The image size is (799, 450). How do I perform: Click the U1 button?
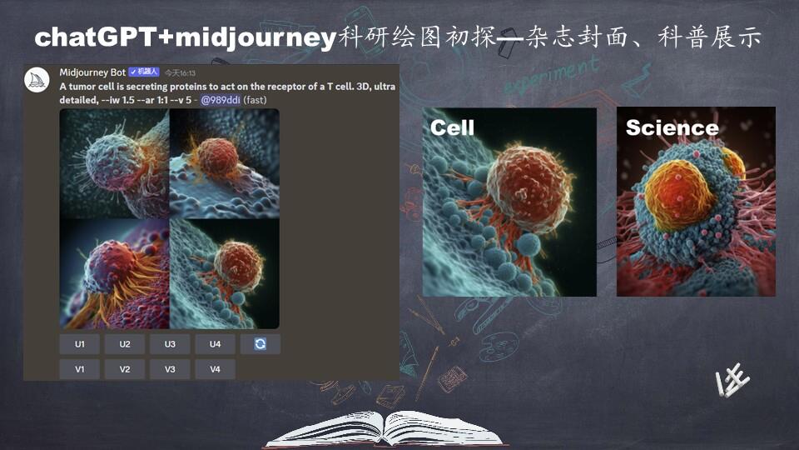(x=80, y=344)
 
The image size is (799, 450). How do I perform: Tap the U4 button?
(x=215, y=344)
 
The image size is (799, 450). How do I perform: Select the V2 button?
(x=125, y=369)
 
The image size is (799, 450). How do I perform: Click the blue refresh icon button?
(x=261, y=344)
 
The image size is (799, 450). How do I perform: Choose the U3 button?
(x=170, y=344)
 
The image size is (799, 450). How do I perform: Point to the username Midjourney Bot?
(x=92, y=72)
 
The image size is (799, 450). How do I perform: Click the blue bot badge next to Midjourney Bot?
(x=143, y=72)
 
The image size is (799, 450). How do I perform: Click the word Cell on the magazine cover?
(x=452, y=127)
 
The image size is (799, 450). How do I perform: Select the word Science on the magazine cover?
(x=672, y=127)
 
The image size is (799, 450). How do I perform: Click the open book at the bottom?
(x=385, y=428)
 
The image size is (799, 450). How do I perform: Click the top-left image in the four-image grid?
(x=115, y=163)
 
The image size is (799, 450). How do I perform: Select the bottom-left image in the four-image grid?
(x=115, y=273)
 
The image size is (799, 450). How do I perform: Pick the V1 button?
(x=80, y=369)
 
